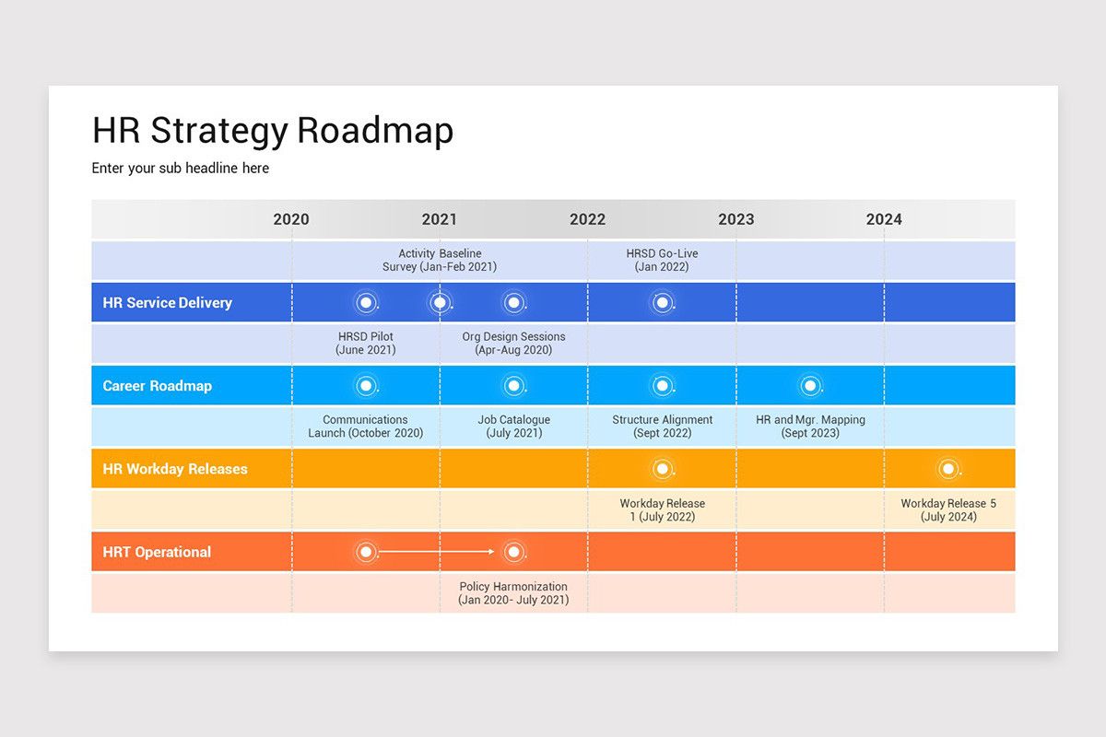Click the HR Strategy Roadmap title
coord(273,131)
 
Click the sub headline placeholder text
coord(181,168)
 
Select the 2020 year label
coord(291,219)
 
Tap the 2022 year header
coord(588,219)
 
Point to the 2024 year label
coord(884,219)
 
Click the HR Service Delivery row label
coord(167,303)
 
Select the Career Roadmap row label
coord(157,386)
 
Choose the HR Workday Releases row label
coord(175,469)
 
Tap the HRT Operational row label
coord(157,552)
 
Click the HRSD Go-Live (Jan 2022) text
coord(662,260)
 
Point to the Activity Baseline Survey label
coord(440,260)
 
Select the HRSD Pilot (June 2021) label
coord(366,343)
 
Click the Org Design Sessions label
coord(513,343)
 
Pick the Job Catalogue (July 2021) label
coord(513,427)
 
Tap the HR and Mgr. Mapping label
coord(810,427)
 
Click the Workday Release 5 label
coord(948,509)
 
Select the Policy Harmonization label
coord(513,592)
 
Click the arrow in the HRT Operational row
coord(439,552)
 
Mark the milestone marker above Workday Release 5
coord(948,469)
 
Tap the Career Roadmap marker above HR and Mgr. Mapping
coord(810,386)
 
